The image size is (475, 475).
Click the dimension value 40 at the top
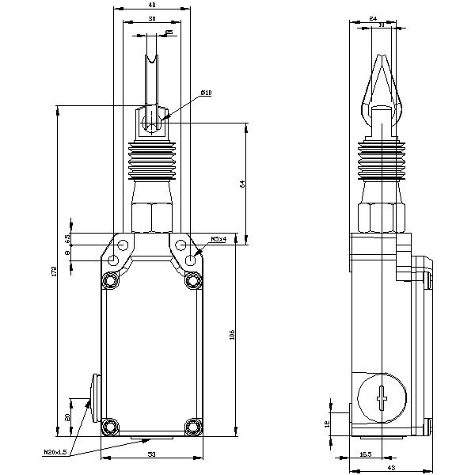point(151,5)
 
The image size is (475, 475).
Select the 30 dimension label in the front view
point(151,18)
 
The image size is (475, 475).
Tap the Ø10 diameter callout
point(206,93)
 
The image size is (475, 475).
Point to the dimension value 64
point(243,184)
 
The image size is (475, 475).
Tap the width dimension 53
point(150,454)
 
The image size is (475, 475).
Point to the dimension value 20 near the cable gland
point(68,417)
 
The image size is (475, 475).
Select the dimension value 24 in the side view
point(373,18)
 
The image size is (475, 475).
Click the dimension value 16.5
point(367,454)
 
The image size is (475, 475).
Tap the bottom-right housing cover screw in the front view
point(192,426)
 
